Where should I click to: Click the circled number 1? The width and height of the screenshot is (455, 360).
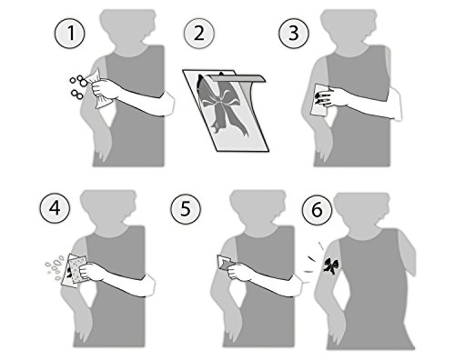[69, 34]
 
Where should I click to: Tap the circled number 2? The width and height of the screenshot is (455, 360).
[199, 34]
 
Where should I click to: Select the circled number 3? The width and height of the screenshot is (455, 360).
[294, 34]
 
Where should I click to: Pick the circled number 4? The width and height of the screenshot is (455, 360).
[55, 209]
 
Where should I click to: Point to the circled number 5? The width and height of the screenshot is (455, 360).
[186, 209]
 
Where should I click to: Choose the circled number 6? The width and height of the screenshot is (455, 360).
[317, 210]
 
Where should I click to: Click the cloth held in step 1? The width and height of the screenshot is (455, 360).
[97, 88]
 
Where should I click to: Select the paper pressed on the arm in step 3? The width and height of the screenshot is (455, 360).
[318, 100]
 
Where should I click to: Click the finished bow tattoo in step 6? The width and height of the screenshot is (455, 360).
[330, 265]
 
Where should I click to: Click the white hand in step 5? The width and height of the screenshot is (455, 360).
[240, 271]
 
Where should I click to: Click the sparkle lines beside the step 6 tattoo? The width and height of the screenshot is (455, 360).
[314, 257]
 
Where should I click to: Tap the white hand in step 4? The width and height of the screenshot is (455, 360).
[91, 271]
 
